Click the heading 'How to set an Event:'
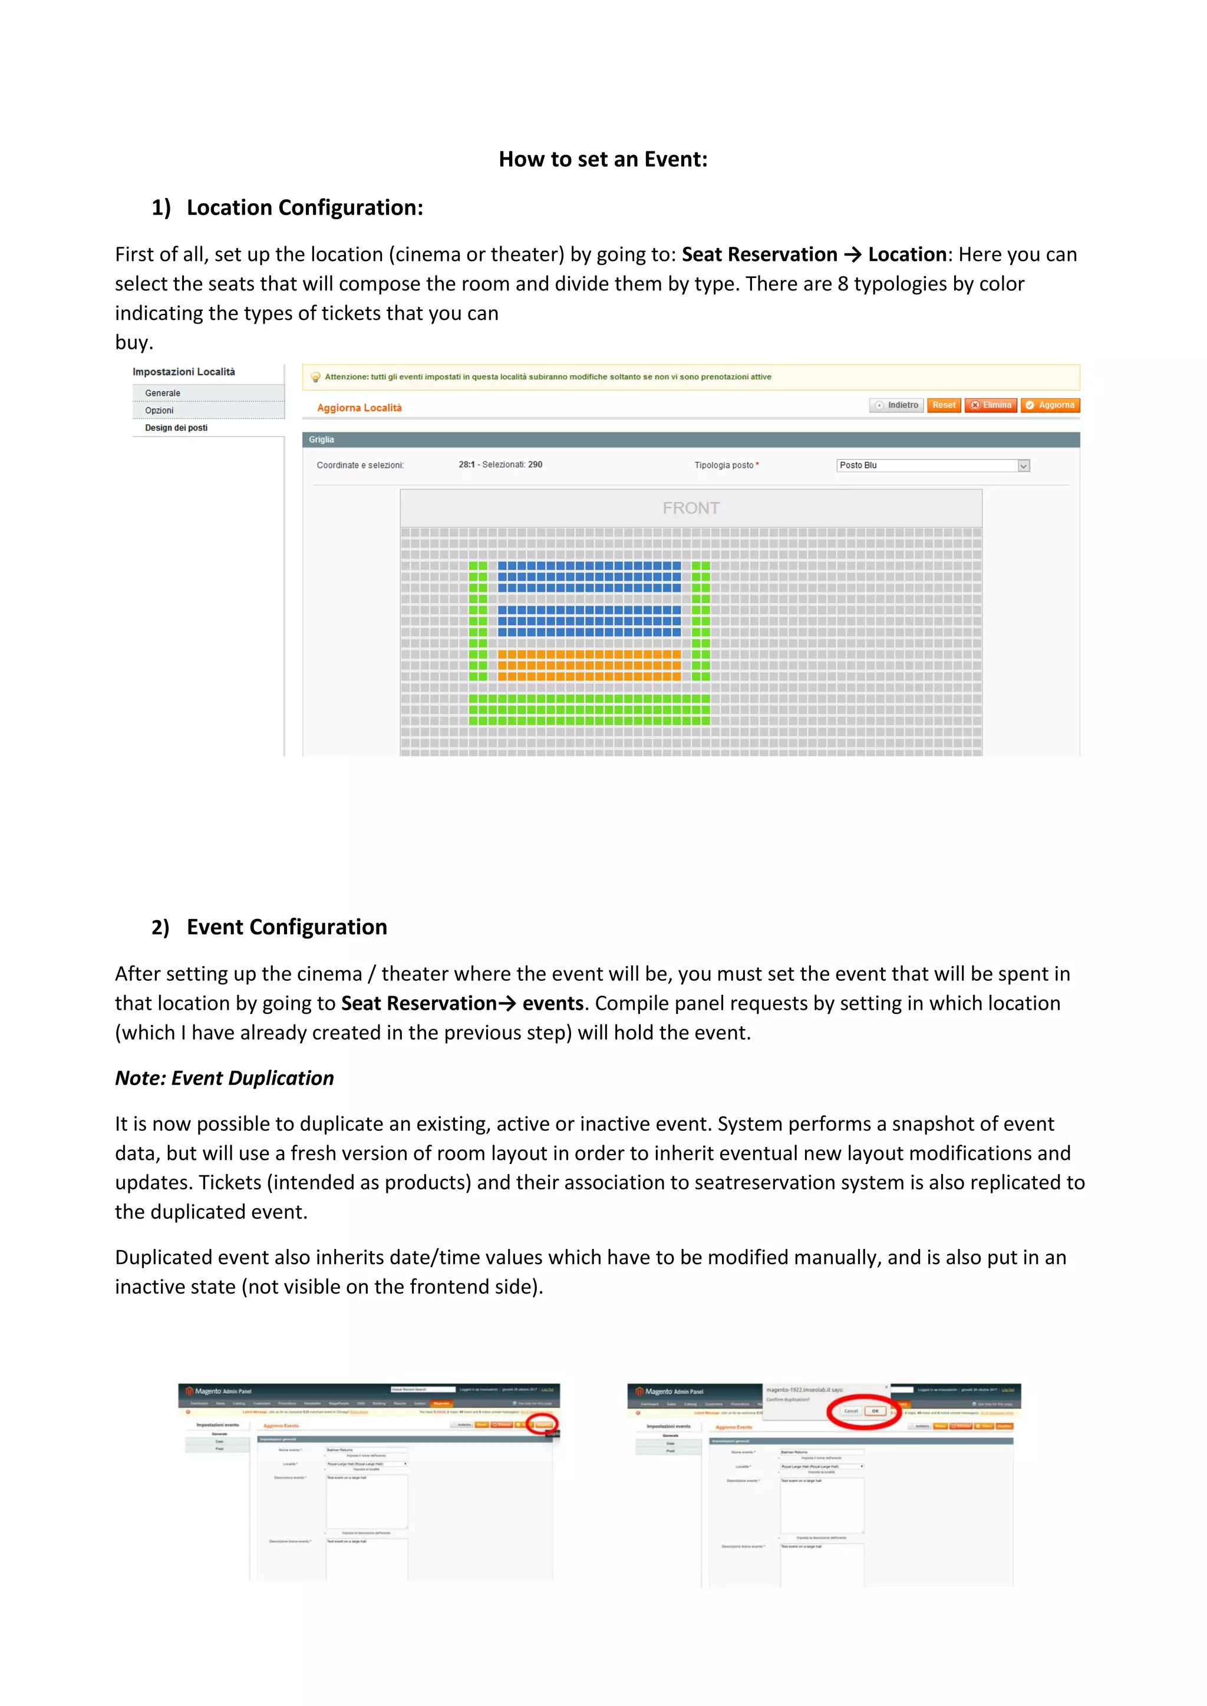(x=603, y=159)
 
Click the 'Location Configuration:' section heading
(x=304, y=207)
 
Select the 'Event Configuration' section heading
(x=286, y=927)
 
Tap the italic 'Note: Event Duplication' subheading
(x=225, y=1077)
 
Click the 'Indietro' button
(x=896, y=405)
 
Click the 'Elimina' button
(x=991, y=405)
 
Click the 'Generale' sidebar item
(x=163, y=393)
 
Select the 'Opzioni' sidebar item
(x=159, y=410)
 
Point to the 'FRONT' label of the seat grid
(x=691, y=508)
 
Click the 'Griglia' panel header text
(x=322, y=440)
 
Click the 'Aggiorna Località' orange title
(x=359, y=408)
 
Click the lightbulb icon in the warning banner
(x=315, y=378)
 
